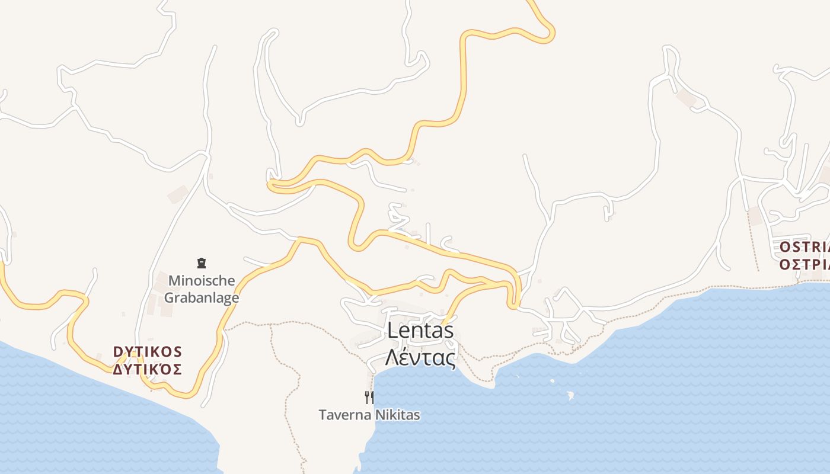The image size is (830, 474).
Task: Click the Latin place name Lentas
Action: click(x=420, y=331)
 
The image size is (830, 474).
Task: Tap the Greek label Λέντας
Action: click(x=420, y=358)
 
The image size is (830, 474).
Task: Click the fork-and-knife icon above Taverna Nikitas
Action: click(x=369, y=397)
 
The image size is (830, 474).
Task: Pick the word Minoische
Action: click(x=202, y=280)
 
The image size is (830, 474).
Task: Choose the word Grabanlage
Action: click(x=202, y=297)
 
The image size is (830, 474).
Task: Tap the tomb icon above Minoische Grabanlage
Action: click(x=202, y=262)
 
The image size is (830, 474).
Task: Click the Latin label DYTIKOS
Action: click(x=148, y=352)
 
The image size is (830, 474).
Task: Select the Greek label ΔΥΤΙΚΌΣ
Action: click(x=148, y=370)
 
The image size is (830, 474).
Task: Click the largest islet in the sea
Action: click(x=570, y=395)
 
